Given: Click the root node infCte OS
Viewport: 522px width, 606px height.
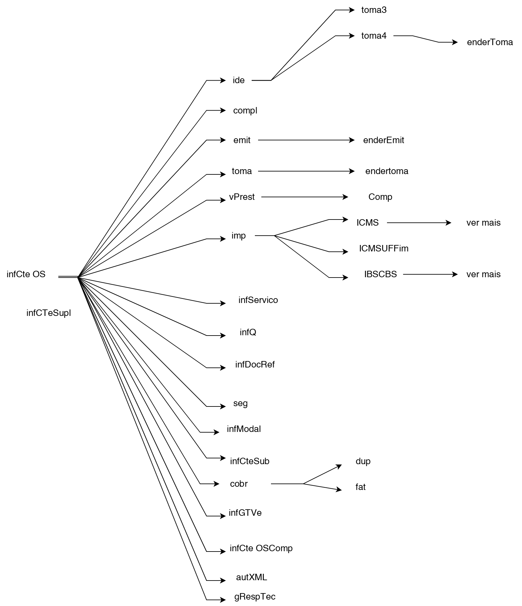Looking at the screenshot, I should click(x=26, y=274).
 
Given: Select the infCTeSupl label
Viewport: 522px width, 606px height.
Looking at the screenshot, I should click(x=49, y=313).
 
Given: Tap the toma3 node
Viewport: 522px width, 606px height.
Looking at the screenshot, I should click(x=374, y=10).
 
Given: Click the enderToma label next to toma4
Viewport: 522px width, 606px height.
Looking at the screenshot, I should click(x=489, y=42).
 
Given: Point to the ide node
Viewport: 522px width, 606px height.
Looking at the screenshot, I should click(x=238, y=80).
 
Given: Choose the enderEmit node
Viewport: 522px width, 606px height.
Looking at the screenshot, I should click(x=383, y=140).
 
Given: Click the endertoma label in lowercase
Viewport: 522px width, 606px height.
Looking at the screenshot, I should click(x=387, y=171).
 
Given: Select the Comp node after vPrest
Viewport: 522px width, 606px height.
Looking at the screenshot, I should click(x=380, y=197).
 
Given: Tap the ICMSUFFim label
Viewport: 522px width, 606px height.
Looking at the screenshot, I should click(x=383, y=249).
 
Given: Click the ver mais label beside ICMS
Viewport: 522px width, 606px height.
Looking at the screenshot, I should click(x=483, y=223).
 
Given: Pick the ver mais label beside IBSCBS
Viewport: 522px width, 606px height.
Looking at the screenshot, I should click(x=483, y=274).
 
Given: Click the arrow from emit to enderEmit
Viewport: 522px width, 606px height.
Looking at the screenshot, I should click(x=306, y=140).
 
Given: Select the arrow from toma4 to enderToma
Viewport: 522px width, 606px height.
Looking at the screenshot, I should click(x=425, y=39).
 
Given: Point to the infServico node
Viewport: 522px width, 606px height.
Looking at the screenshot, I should click(x=258, y=300).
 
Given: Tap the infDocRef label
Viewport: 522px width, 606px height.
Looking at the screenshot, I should click(x=255, y=365).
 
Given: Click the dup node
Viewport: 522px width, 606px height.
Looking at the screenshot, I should click(x=363, y=461).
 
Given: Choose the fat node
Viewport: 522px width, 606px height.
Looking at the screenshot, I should click(x=360, y=487).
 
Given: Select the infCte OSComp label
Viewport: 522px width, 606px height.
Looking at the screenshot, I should click(x=261, y=548).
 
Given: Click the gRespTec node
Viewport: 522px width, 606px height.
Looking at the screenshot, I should click(x=255, y=597).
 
